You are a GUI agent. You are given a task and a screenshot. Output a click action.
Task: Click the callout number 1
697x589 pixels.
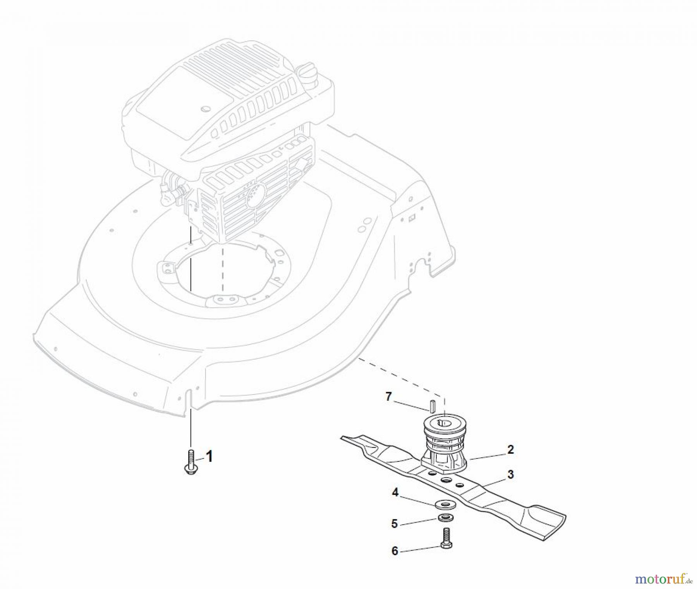[x=209, y=456]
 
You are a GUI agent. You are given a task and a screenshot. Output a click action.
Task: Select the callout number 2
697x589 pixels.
[x=510, y=450]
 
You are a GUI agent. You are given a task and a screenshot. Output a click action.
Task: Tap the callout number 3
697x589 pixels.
[x=511, y=474]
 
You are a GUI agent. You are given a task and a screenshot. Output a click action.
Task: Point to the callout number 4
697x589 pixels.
[x=395, y=493]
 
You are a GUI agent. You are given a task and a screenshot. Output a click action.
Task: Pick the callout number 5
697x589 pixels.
[x=395, y=524]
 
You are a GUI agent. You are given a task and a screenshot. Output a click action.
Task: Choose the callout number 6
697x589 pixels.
[x=395, y=551]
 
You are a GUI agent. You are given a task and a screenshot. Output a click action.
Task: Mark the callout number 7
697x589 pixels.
[x=389, y=397]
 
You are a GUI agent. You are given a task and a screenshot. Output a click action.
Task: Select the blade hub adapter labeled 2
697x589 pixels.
[x=445, y=445]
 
